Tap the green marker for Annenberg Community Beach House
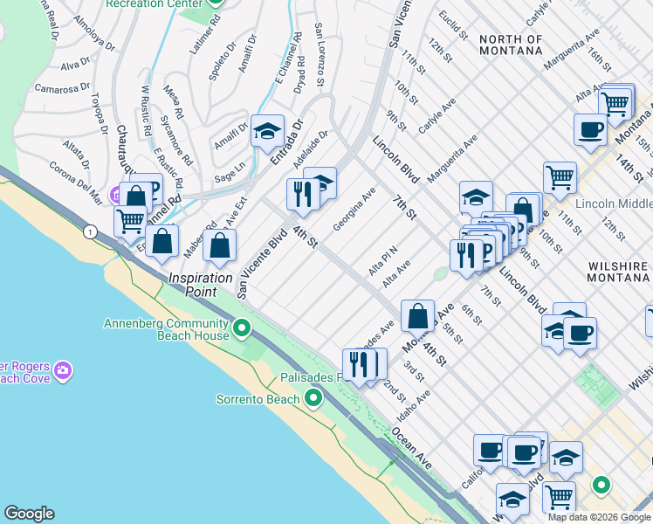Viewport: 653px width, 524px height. (243, 328)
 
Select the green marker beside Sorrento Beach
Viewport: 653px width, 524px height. (313, 400)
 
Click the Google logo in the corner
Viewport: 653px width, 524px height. (29, 513)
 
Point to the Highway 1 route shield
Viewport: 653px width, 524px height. (90, 231)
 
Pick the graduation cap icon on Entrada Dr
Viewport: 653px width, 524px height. (267, 132)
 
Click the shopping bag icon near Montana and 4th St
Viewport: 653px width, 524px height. (418, 316)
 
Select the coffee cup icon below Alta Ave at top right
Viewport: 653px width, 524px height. (590, 130)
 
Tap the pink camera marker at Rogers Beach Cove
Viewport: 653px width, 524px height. (63, 371)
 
